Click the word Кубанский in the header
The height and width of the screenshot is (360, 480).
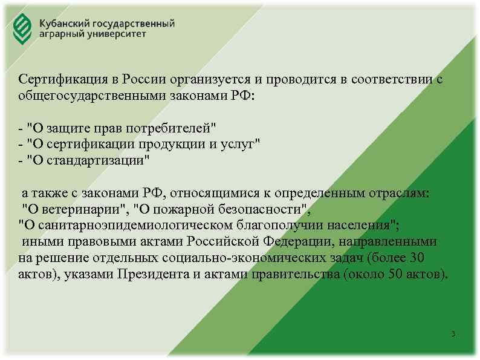point(65,23)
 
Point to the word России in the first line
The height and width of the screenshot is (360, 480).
point(144,80)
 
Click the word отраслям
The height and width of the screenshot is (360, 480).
point(403,194)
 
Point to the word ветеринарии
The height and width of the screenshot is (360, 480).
point(79,210)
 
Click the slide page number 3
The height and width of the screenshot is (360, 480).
point(453,335)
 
